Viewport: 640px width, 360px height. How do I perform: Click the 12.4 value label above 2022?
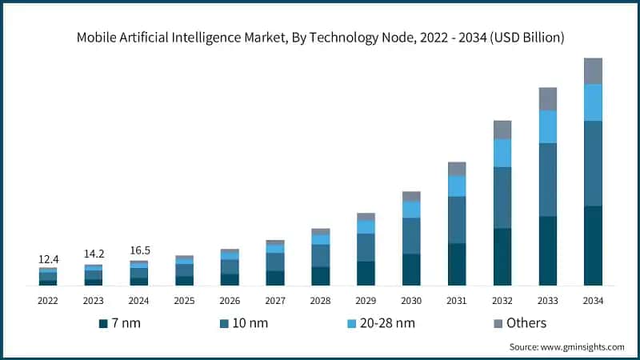pyautogui.click(x=48, y=260)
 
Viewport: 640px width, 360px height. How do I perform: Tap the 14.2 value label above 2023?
pyautogui.click(x=94, y=254)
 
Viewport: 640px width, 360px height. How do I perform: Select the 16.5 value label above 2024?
pyautogui.click(x=139, y=250)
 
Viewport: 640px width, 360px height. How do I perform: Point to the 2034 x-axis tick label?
pyautogui.click(x=593, y=301)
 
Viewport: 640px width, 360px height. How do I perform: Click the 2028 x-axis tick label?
pyautogui.click(x=320, y=301)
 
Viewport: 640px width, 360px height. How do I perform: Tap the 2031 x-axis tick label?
pyautogui.click(x=457, y=301)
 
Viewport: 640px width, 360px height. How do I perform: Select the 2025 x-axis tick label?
pyautogui.click(x=184, y=301)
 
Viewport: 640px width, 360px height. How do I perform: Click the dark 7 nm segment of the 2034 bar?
pyautogui.click(x=593, y=245)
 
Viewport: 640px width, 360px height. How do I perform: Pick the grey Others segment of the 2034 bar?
pyautogui.click(x=593, y=71)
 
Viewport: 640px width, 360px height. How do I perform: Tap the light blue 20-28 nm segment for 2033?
pyautogui.click(x=547, y=126)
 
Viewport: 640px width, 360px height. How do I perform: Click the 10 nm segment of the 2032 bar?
pyautogui.click(x=502, y=198)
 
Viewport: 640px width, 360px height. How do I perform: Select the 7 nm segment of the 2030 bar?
pyautogui.click(x=411, y=270)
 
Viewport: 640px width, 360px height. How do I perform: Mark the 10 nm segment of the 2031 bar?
pyautogui.click(x=457, y=219)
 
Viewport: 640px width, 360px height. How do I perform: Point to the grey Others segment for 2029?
pyautogui.click(x=366, y=217)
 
